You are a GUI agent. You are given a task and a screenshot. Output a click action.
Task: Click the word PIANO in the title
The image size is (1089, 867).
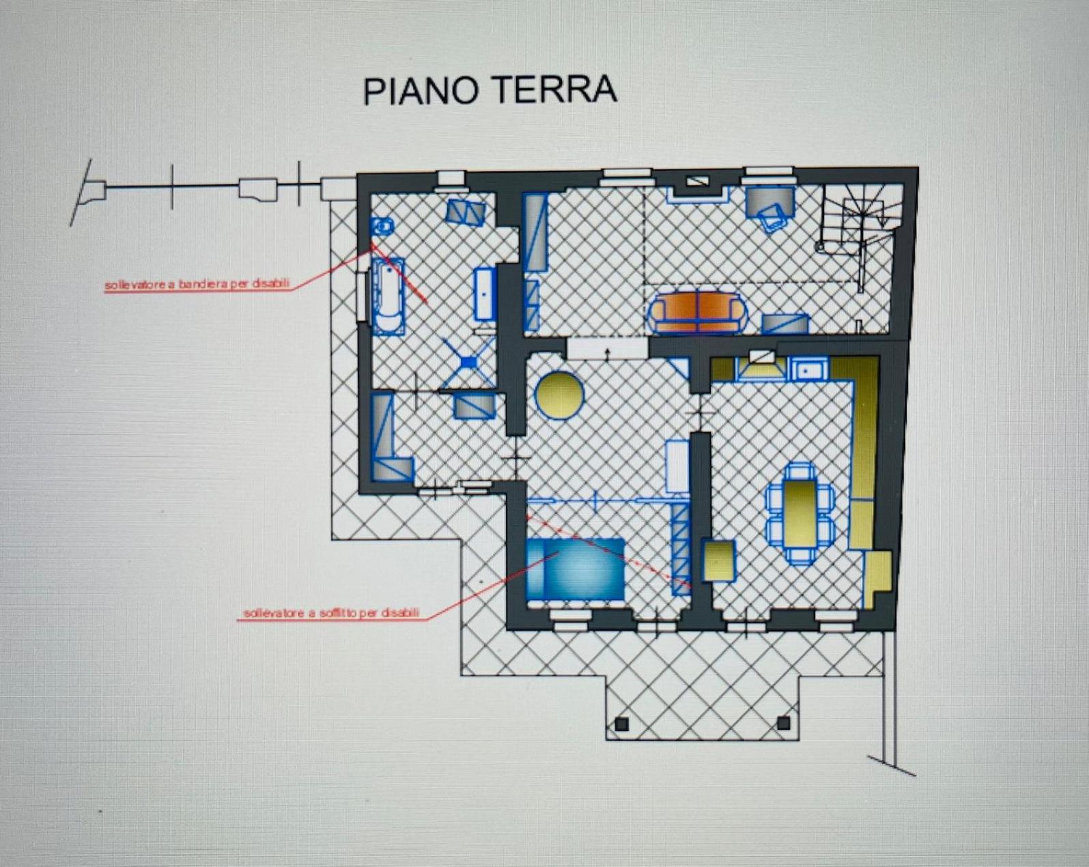pyautogui.click(x=420, y=91)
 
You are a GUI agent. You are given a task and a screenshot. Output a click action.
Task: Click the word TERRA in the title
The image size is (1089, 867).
pyautogui.click(x=554, y=90)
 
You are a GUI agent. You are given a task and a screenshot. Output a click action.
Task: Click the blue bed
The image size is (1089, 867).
pyautogui.click(x=576, y=569)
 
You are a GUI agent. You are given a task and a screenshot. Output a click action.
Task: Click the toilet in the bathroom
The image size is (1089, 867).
pyautogui.click(x=382, y=226)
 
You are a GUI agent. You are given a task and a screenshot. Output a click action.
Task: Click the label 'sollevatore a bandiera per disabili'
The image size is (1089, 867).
pyautogui.click(x=197, y=284)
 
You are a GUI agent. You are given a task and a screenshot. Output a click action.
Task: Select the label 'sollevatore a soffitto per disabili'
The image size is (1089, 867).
pyautogui.click(x=331, y=613)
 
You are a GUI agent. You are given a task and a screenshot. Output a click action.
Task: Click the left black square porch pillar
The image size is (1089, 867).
pyautogui.click(x=622, y=724)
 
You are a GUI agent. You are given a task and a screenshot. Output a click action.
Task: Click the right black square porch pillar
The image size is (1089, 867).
pyautogui.click(x=783, y=723)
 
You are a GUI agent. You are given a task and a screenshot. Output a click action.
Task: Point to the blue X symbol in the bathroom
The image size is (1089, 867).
pyautogui.click(x=469, y=363)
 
